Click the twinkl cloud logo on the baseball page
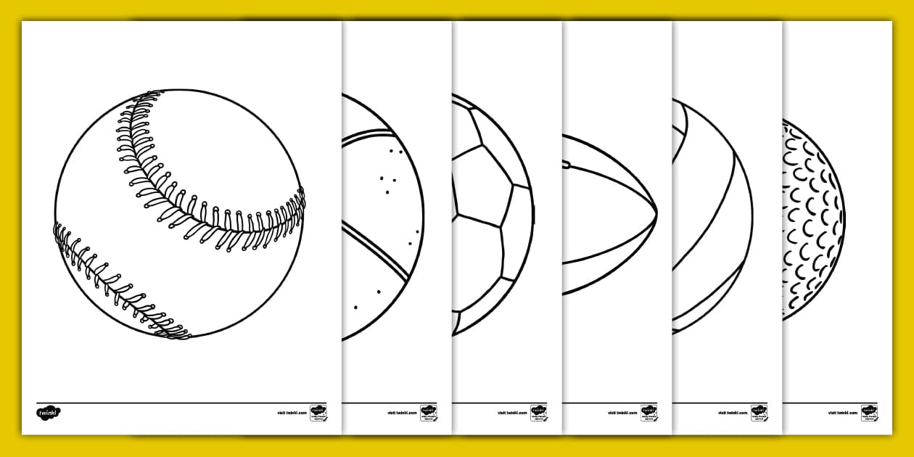coord(49,413)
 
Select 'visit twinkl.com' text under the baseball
coord(292,413)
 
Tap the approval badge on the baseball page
coord(318,413)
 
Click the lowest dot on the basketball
coord(355,308)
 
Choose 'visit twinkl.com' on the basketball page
coord(402,413)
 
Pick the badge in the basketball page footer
coord(429,413)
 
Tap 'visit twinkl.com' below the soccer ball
coord(512,413)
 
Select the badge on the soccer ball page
coord(539,413)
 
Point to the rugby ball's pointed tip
coord(656,212)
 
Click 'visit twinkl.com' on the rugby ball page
coord(622,413)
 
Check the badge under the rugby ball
coord(649,413)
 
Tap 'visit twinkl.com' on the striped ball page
coord(733,413)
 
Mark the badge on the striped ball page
coord(759,413)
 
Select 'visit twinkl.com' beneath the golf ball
coord(843,413)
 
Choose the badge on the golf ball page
coord(870,413)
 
